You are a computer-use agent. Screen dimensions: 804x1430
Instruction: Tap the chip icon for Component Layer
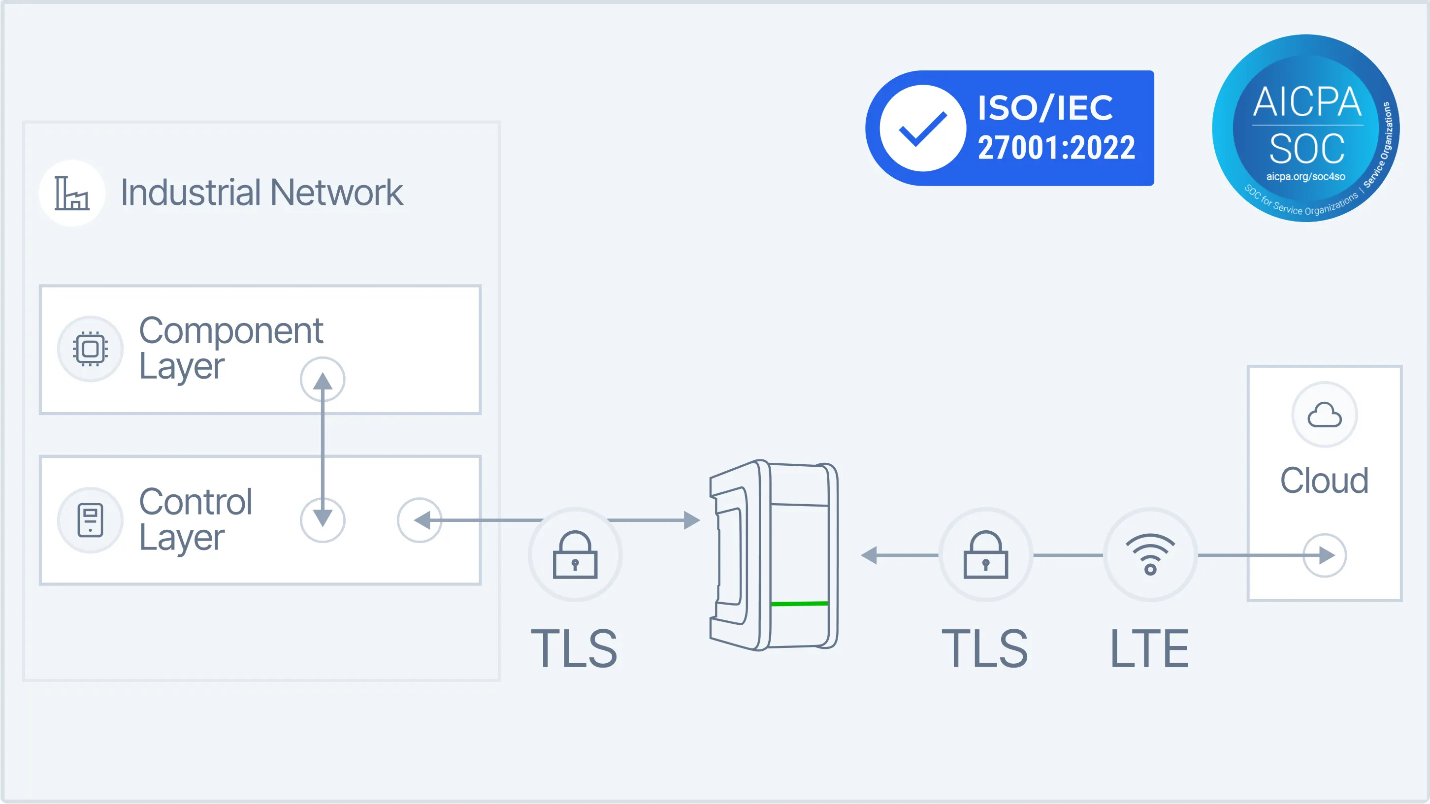(x=90, y=349)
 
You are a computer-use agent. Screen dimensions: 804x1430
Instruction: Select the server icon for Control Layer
(x=90, y=520)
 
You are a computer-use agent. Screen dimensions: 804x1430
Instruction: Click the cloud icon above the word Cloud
(x=1325, y=415)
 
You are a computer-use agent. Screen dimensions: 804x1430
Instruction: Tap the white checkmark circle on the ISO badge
(x=923, y=128)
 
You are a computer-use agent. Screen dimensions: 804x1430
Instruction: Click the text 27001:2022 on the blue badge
(x=1056, y=148)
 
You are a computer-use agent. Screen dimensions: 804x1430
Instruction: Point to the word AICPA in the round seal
(x=1307, y=102)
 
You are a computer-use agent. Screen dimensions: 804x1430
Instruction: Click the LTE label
(x=1149, y=648)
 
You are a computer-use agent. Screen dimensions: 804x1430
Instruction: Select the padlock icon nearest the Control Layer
(x=575, y=555)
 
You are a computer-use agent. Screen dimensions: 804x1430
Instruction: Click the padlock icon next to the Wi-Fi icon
(x=986, y=555)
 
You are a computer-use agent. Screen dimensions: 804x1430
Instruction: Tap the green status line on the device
(x=799, y=603)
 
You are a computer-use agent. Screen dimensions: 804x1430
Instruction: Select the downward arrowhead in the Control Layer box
(x=323, y=517)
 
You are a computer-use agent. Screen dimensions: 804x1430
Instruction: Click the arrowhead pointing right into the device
(x=691, y=520)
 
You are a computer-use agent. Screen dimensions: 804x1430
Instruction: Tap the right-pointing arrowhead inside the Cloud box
(x=1327, y=555)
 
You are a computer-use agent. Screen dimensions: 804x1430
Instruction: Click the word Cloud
(x=1324, y=481)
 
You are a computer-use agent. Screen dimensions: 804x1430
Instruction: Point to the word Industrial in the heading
(x=191, y=193)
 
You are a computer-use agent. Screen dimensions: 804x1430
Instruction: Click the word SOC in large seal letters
(x=1307, y=149)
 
